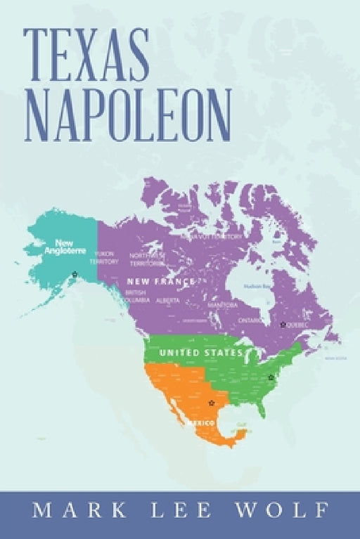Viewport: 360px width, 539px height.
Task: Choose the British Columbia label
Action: point(135,295)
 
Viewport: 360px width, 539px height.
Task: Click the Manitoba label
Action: point(222,306)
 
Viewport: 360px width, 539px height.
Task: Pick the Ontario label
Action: point(250,320)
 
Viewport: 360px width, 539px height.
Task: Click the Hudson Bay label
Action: point(254,286)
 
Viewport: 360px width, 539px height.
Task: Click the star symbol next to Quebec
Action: point(282,325)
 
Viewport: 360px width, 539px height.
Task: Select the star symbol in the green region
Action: point(271,377)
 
